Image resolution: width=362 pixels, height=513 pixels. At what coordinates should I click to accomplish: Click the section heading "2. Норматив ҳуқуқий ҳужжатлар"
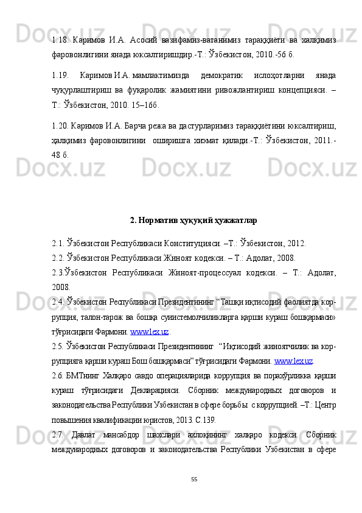click(x=193, y=220)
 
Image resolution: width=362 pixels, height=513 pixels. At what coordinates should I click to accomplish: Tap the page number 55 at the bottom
click(x=193, y=479)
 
